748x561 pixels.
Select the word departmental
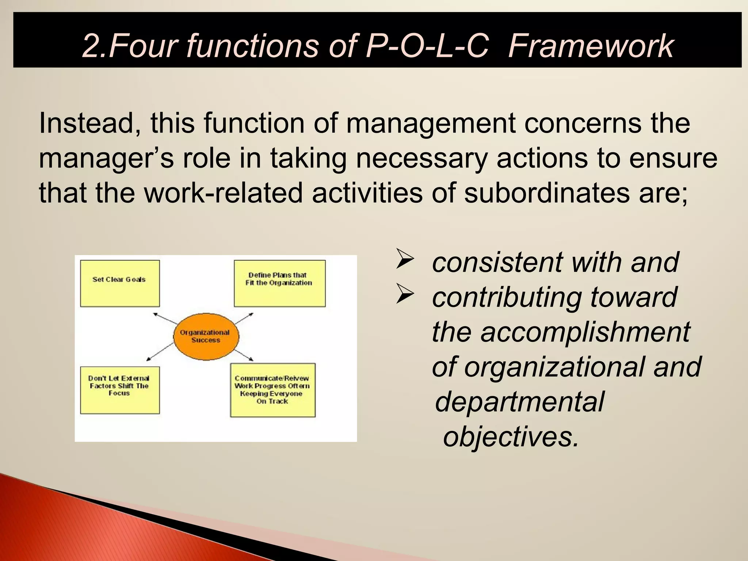click(x=519, y=402)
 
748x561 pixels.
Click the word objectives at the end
click(x=511, y=437)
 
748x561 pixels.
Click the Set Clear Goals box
click(x=120, y=283)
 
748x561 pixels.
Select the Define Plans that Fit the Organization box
click(x=279, y=283)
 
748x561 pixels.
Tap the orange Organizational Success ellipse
click(x=206, y=336)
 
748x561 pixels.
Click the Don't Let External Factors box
click(x=120, y=390)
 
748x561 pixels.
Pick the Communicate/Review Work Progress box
click(x=272, y=390)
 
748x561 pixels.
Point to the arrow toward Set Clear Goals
click(x=164, y=318)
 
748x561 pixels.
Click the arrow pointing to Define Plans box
click(x=244, y=318)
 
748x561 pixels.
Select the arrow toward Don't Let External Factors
click(x=160, y=352)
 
